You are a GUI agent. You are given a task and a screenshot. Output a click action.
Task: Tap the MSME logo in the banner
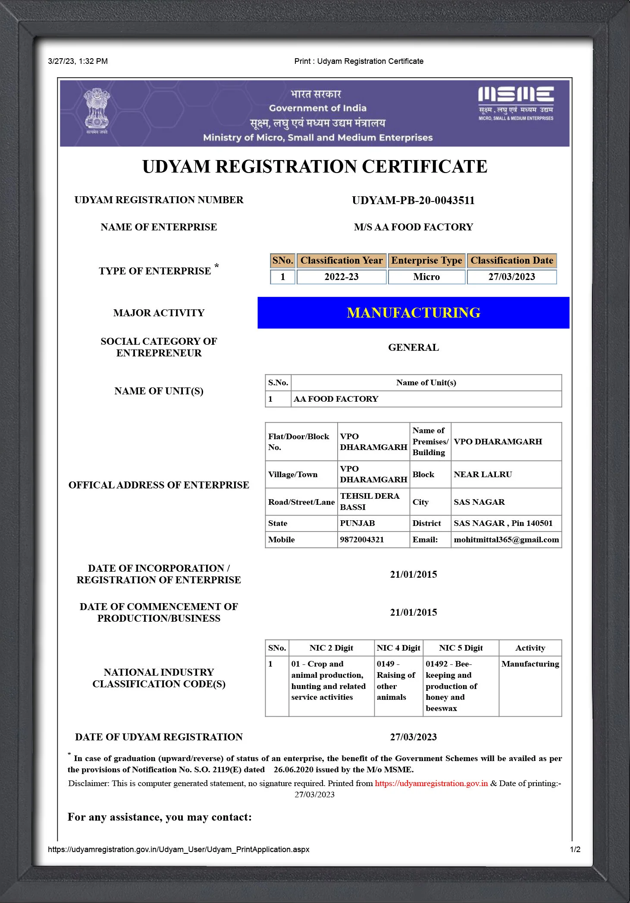[x=516, y=104]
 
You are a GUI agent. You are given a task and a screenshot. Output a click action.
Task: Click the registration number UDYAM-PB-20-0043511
[x=413, y=201]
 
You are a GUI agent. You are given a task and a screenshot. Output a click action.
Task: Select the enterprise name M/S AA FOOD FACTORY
[x=413, y=227]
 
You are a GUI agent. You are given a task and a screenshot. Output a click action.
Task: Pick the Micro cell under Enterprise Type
[x=426, y=277]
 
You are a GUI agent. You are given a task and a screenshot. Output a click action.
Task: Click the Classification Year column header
[x=341, y=261]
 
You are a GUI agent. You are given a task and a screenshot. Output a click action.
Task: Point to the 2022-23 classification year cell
[x=341, y=277]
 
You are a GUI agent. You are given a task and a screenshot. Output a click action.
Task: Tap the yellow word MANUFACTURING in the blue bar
[x=413, y=313]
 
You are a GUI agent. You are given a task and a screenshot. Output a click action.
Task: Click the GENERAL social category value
[x=413, y=348]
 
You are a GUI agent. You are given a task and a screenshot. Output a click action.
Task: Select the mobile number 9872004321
[x=362, y=540]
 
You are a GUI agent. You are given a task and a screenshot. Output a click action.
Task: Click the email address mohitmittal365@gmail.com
[x=506, y=540]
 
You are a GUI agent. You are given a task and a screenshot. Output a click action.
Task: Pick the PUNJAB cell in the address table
[x=357, y=523]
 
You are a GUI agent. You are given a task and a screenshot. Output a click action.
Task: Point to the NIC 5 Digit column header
[x=461, y=648]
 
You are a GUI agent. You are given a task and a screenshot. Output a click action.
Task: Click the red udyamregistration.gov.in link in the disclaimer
[x=431, y=783]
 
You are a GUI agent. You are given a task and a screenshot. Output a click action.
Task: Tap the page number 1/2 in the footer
[x=575, y=850]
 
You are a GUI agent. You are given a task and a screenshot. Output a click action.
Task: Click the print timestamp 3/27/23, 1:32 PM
[x=78, y=61]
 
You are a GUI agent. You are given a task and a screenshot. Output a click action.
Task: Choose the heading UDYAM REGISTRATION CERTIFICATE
[x=315, y=167]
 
